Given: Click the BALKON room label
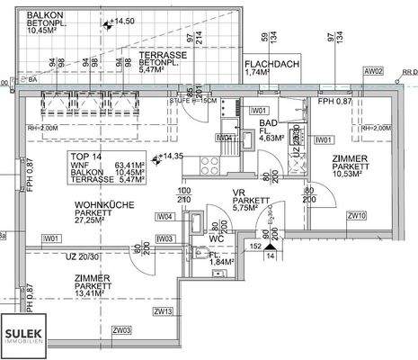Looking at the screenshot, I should (x=45, y=17).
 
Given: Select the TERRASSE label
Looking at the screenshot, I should (x=162, y=56).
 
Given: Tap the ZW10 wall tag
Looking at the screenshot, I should (x=357, y=216).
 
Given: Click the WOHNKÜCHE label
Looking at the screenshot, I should (x=103, y=207).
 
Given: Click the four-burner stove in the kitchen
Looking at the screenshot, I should (x=210, y=165).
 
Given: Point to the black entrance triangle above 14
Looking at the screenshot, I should (x=267, y=244).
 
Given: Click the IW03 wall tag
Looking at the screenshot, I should (x=164, y=238).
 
